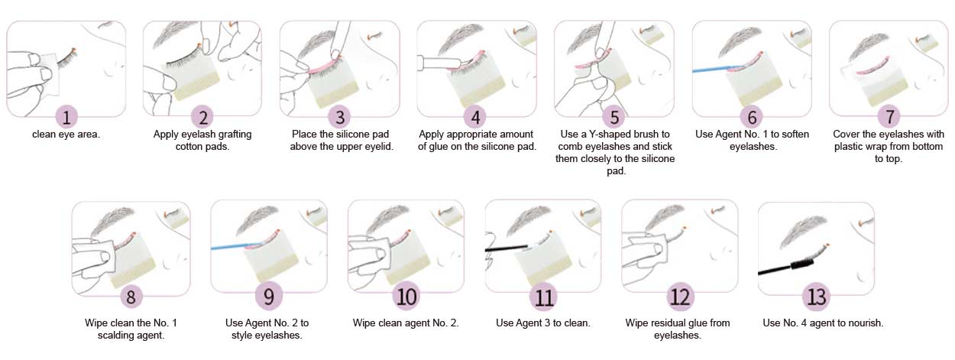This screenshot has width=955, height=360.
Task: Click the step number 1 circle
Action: coord(67,118)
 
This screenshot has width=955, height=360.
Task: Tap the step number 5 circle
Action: coord(614,118)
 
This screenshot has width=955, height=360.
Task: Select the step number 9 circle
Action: coord(270,295)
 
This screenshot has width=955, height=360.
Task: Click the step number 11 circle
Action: coord(543,295)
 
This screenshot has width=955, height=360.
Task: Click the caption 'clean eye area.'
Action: coord(66,135)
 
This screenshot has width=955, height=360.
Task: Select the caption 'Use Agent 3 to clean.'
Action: coord(543,323)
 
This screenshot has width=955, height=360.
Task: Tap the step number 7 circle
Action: coord(889,118)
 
